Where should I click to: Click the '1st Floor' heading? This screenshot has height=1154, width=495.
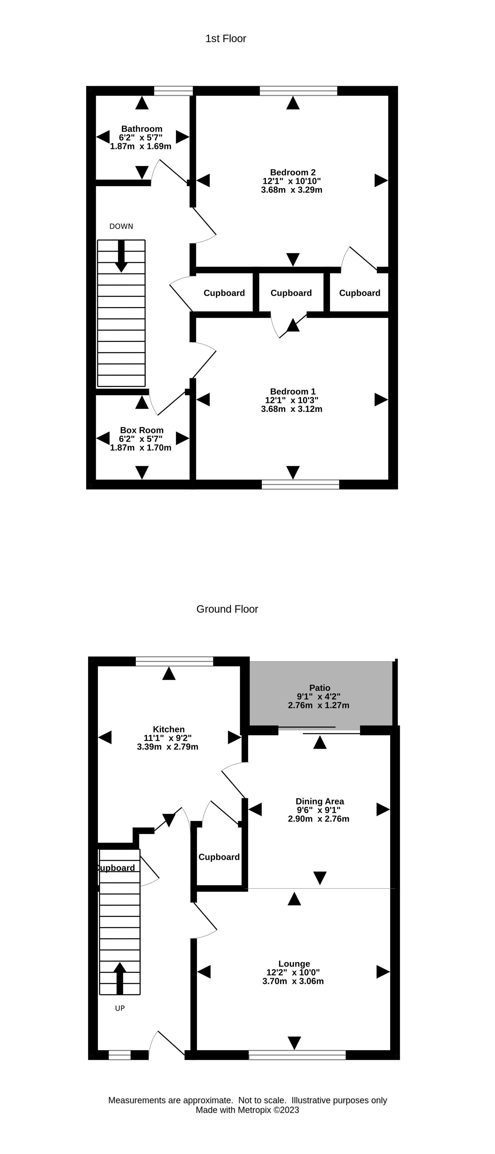click(226, 39)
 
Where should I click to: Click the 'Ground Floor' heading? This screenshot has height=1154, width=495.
click(227, 609)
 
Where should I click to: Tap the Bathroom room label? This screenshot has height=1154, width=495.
click(142, 129)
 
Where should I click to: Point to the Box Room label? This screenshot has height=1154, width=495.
click(142, 430)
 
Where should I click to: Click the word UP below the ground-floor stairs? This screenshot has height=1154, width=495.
click(120, 1009)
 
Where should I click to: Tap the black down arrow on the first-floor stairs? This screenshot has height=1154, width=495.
click(121, 256)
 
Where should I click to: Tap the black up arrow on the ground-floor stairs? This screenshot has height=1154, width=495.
click(120, 979)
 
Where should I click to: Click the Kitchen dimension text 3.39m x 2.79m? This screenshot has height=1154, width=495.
click(168, 747)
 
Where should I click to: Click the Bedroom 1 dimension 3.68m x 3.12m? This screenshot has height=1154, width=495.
click(292, 409)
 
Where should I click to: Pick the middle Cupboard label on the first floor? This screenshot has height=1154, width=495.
click(291, 293)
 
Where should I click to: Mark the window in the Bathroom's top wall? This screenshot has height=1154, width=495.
click(173, 91)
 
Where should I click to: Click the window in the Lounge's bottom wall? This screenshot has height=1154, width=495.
click(297, 1055)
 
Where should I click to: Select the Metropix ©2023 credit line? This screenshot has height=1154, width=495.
click(247, 1110)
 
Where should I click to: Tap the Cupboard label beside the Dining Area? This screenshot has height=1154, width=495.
click(219, 857)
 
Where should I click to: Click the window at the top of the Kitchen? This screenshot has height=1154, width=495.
click(174, 661)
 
